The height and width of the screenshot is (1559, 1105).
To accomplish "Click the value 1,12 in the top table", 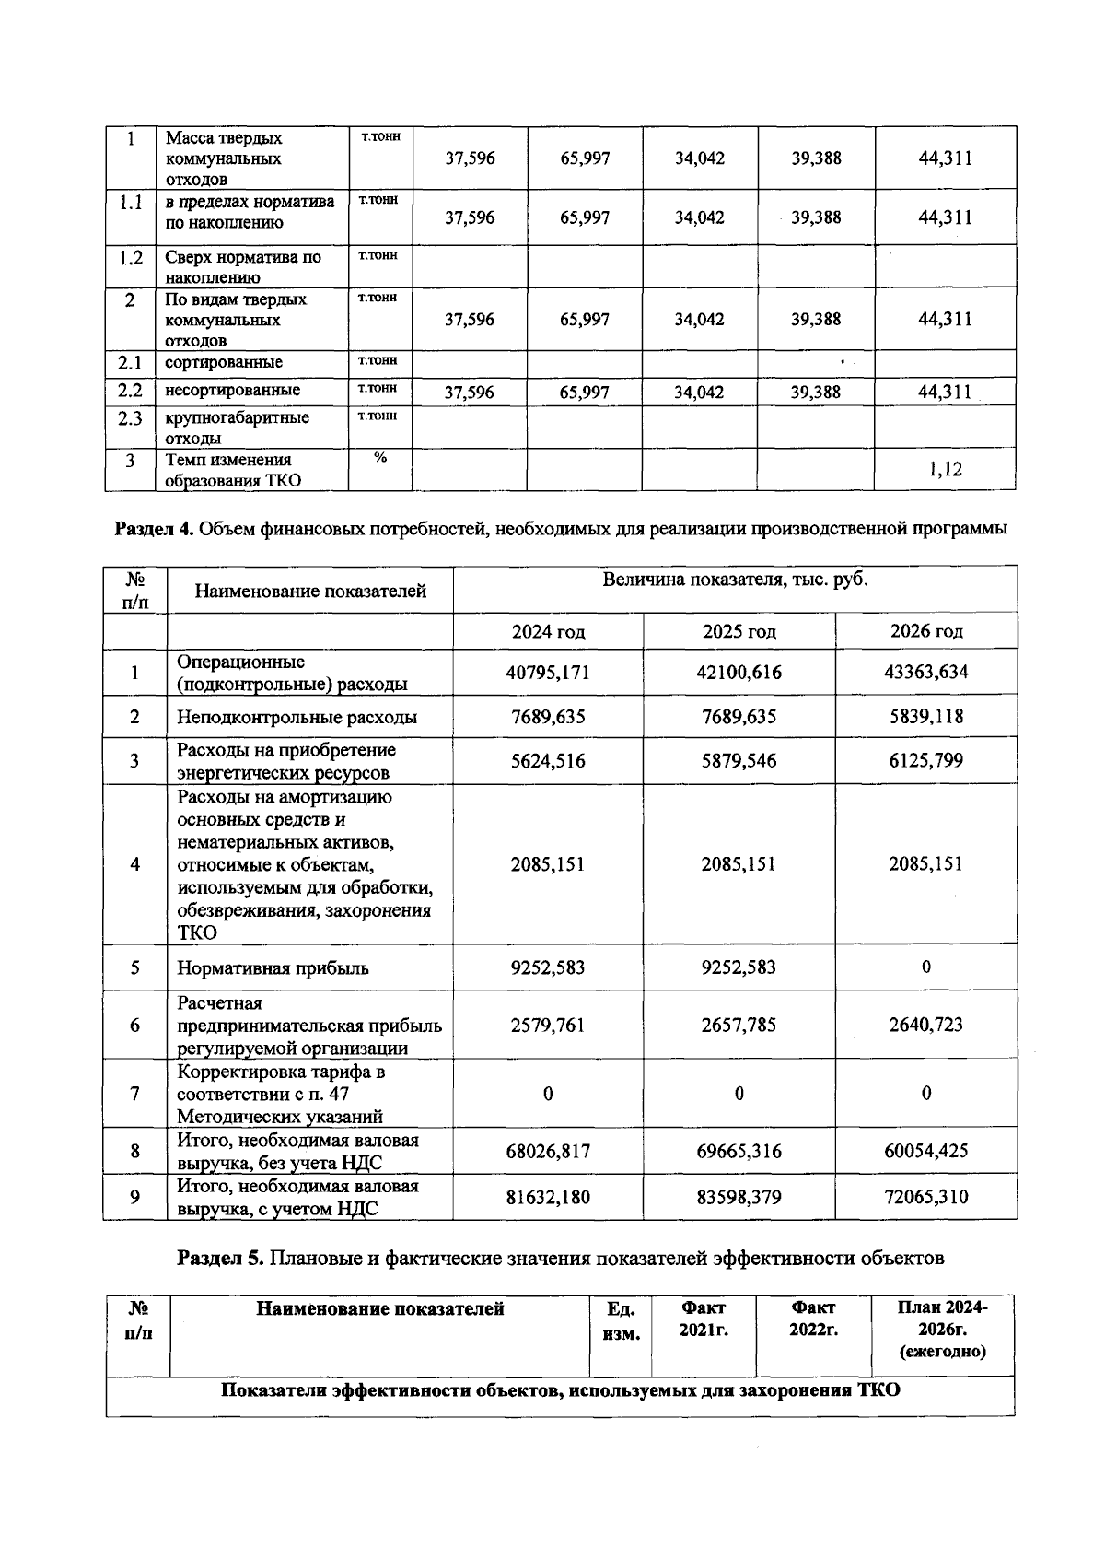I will [945, 470].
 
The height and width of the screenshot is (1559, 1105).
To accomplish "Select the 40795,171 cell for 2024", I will [548, 673].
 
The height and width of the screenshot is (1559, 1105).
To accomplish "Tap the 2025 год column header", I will [739, 632].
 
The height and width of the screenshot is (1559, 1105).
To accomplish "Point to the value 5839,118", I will [926, 717].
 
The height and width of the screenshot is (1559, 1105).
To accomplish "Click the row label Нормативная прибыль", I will [273, 968].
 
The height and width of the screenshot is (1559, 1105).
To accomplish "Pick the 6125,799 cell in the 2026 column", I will [926, 761].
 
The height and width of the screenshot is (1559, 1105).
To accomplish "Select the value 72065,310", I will [926, 1197].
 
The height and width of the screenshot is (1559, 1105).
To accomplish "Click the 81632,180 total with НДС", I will [548, 1197].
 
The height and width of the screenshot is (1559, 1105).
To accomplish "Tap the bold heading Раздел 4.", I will [154, 529].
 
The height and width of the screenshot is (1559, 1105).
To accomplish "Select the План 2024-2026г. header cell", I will [942, 1330].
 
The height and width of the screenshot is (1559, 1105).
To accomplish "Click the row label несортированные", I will [232, 391].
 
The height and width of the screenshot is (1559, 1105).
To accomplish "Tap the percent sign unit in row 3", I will [379, 458].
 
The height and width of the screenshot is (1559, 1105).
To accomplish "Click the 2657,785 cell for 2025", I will [739, 1025].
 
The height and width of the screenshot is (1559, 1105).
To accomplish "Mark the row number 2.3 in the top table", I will [130, 419].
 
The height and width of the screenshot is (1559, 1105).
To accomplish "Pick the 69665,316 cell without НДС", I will [739, 1152].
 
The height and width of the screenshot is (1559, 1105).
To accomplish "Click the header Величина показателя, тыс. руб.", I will [735, 580].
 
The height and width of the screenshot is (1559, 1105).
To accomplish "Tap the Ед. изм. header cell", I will [622, 1319].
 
